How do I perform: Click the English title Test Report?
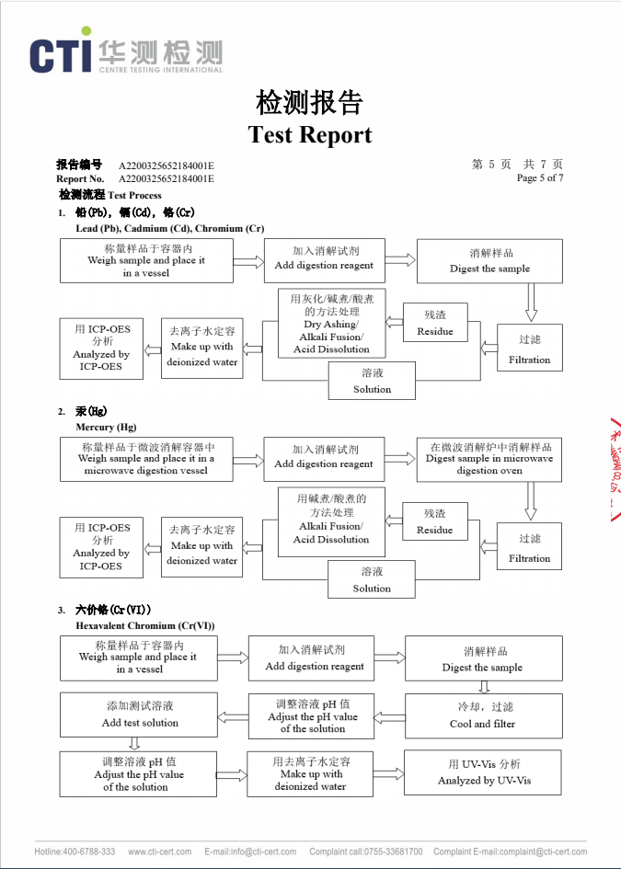[x=310, y=134]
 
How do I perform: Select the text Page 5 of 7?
[x=540, y=178]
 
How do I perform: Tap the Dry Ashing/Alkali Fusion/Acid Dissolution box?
[x=331, y=324]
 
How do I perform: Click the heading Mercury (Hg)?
[x=106, y=427]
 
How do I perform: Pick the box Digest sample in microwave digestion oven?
[x=489, y=458]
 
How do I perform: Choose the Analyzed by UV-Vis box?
[x=484, y=772]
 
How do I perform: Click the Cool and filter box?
[x=483, y=715]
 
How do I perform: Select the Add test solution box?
[x=140, y=715]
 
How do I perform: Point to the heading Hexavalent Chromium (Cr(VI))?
[x=145, y=625]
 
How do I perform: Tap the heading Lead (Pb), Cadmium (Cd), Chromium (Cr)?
[x=169, y=228]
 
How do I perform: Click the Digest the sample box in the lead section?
[x=489, y=260]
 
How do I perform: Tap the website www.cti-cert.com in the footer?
[x=160, y=852]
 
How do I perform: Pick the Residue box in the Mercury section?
[x=435, y=521]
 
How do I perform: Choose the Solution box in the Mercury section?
[x=372, y=579]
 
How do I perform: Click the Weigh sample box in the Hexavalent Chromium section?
[x=138, y=657]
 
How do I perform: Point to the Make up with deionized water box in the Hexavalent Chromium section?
[x=310, y=774]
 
